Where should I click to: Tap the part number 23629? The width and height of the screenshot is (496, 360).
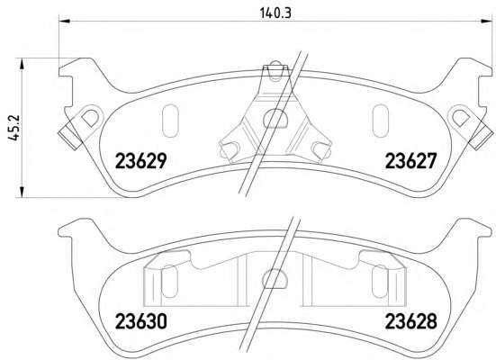[x=140, y=160]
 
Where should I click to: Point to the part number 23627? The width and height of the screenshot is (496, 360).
[x=410, y=160]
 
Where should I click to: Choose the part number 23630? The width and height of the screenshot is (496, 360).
[x=140, y=321]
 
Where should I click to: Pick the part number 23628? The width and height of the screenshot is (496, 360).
[x=410, y=321]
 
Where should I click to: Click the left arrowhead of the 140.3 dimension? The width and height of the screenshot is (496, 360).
[x=65, y=21]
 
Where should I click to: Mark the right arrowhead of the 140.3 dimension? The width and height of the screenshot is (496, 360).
[x=486, y=21]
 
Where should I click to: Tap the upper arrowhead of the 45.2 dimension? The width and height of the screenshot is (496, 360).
[x=22, y=64]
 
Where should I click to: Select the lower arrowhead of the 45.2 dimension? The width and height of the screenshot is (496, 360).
[x=22, y=192]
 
